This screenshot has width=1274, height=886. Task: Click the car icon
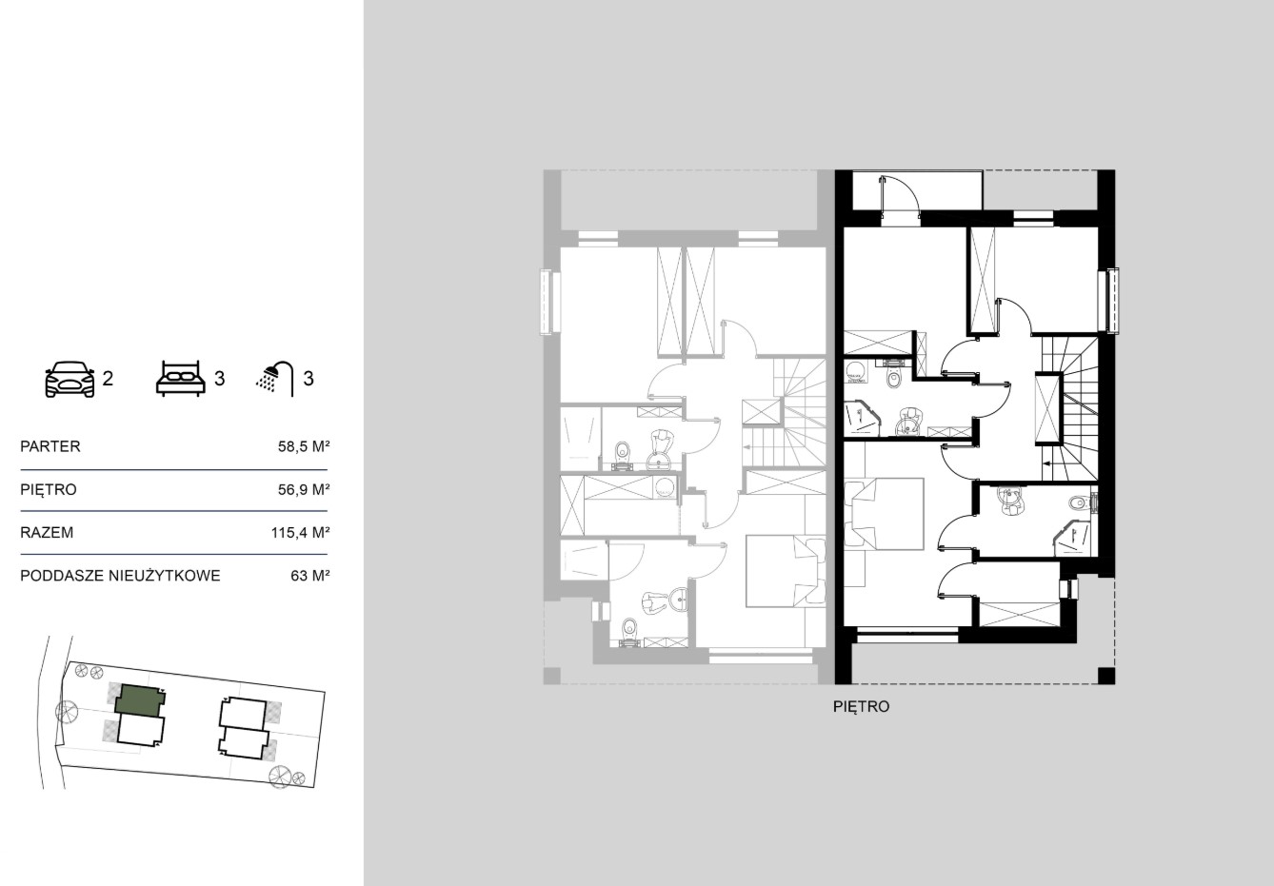click(70, 379)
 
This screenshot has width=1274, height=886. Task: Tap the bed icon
click(180, 377)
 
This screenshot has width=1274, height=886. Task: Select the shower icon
click(275, 379)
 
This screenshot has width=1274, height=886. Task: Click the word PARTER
click(50, 446)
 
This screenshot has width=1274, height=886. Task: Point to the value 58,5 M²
click(304, 446)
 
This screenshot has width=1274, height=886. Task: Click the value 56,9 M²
click(304, 489)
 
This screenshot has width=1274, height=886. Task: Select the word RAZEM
click(47, 533)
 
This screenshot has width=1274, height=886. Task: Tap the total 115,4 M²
click(300, 533)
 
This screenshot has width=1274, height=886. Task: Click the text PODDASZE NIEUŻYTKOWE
click(120, 576)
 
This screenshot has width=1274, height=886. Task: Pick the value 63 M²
click(310, 576)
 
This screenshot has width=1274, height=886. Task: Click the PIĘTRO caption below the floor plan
click(861, 706)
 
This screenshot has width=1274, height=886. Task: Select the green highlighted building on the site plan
click(140, 700)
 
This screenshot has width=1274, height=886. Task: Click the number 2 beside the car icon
click(108, 378)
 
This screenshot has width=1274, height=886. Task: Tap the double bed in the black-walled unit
click(884, 514)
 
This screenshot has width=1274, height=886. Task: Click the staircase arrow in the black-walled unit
click(1053, 463)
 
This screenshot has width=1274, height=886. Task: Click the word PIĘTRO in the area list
click(49, 490)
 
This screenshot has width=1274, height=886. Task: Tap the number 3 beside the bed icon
click(220, 378)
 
